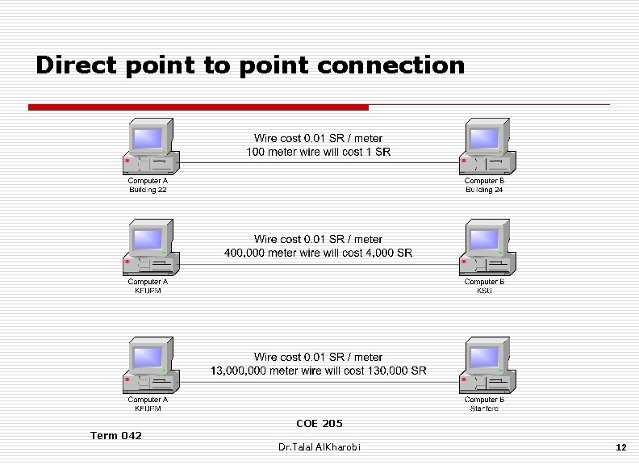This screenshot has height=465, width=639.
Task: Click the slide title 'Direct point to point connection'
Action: pos(250,65)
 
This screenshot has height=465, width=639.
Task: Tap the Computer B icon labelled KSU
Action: pos(487,248)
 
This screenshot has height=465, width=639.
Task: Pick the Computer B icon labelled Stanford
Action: pos(487,366)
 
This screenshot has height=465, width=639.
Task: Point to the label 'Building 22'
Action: pos(148,190)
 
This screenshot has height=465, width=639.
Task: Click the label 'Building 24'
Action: pos(484,190)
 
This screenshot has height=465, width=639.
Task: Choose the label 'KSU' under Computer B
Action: pos(484,291)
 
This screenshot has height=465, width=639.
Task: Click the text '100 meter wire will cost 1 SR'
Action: pos(318,152)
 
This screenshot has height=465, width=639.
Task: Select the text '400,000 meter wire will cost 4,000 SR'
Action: pos(318,253)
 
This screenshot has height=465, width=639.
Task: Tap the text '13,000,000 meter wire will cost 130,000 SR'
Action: pos(318,371)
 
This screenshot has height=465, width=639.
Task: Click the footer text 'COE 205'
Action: pos(319,423)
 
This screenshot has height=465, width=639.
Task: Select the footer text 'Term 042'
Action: pos(115,436)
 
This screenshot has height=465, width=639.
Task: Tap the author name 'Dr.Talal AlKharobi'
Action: pos(319,446)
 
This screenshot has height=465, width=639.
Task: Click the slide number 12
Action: pos(620,446)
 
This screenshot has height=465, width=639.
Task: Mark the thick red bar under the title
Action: pos(198,107)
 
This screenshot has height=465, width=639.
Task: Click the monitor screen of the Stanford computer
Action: pos(483,357)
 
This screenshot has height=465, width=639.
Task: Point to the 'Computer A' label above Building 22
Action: pos(148,181)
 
